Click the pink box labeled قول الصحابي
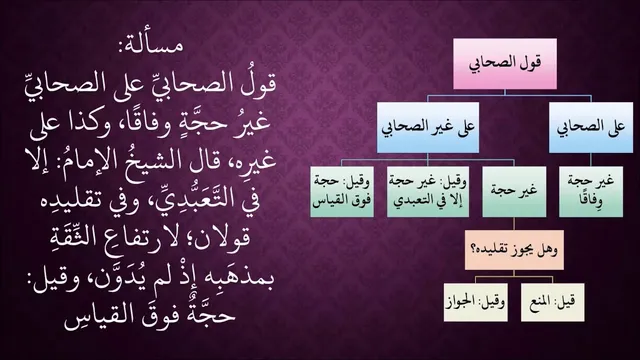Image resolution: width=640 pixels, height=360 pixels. (x=505, y=64)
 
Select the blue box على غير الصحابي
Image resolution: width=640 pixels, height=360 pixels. (x=428, y=127)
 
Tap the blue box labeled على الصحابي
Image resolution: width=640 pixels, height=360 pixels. (x=591, y=127)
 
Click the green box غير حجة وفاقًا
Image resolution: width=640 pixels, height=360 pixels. (x=591, y=191)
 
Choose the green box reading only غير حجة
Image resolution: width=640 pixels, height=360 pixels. (x=514, y=191)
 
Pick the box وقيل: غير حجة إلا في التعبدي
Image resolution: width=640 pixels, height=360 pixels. (x=428, y=191)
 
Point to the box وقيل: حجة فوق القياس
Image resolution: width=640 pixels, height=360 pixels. (x=342, y=191)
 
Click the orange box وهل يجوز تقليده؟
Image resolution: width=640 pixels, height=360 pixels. (x=514, y=250)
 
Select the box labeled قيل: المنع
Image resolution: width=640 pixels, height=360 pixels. (x=553, y=302)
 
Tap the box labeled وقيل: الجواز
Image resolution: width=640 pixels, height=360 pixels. (x=476, y=302)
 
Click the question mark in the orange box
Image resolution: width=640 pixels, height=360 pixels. (x=475, y=249)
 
